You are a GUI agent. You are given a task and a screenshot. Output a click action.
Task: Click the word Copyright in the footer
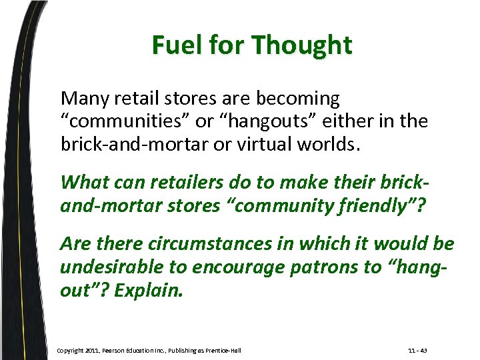tap(71, 351)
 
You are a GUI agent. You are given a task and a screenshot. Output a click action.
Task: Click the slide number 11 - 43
tap(418, 351)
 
